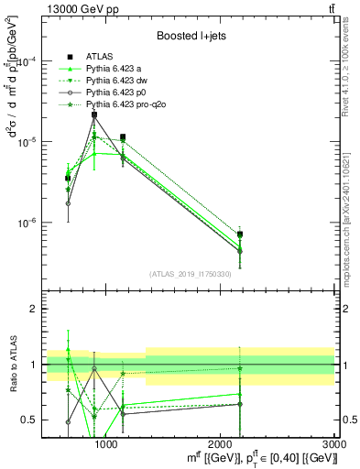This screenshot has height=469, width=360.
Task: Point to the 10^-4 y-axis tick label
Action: (30, 61)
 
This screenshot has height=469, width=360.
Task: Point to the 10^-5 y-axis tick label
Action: (30, 142)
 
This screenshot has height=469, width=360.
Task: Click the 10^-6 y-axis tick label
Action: (30, 223)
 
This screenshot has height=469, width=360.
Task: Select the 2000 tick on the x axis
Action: (220, 444)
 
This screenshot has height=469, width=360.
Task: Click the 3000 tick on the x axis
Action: (333, 444)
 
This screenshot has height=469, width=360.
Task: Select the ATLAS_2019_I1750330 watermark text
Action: (190, 274)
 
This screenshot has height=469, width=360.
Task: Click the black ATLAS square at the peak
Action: (93, 115)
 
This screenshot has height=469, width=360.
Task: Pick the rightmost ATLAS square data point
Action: (240, 234)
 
